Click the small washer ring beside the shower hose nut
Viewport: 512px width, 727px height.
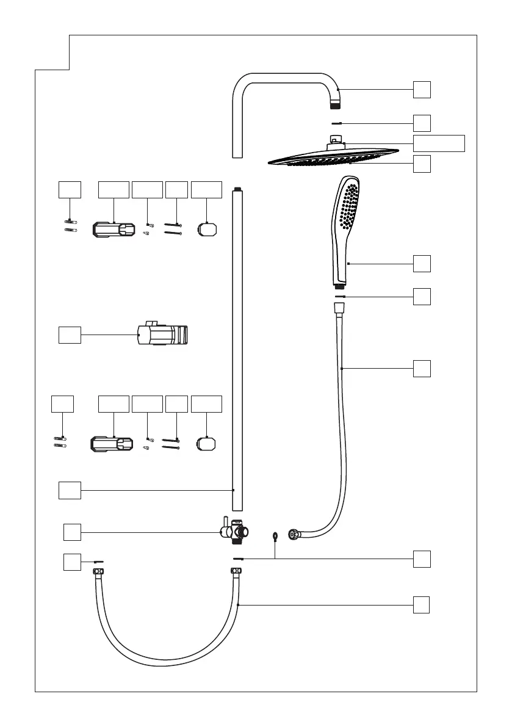point(276,537)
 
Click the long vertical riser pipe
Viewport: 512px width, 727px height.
point(237,348)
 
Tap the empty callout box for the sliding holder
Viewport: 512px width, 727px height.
point(70,335)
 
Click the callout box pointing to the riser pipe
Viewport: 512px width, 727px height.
point(70,490)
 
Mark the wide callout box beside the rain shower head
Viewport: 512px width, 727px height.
point(439,143)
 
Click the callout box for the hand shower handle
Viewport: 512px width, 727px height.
point(422,264)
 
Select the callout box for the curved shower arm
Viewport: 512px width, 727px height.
point(422,90)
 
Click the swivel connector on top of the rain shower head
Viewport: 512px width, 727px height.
point(335,143)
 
